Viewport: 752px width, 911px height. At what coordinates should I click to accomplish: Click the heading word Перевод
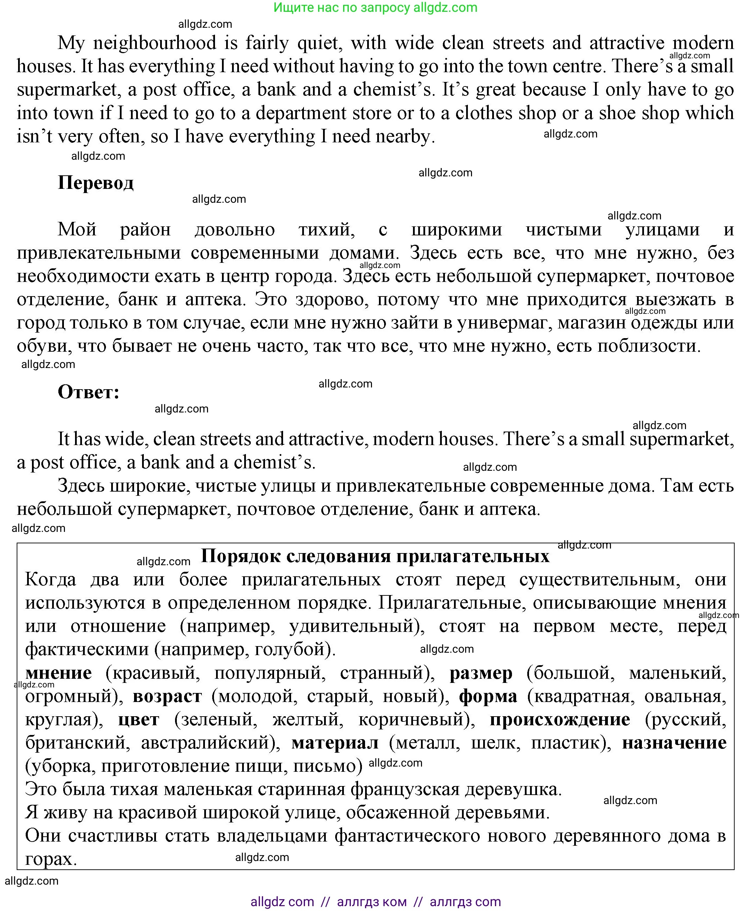pyautogui.click(x=96, y=183)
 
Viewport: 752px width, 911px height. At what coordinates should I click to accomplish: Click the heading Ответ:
pyautogui.click(x=88, y=392)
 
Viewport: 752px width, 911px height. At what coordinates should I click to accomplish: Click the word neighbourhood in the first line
pyautogui.click(x=155, y=43)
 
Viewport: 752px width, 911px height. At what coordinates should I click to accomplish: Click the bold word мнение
pyautogui.click(x=58, y=673)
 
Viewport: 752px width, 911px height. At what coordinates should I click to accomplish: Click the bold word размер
pyautogui.click(x=481, y=673)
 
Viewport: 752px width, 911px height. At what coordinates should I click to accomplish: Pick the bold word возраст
pyautogui.click(x=167, y=696)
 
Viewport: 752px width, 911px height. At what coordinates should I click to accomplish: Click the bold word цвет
pyautogui.click(x=139, y=720)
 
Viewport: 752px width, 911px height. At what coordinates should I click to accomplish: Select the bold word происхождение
pyautogui.click(x=560, y=720)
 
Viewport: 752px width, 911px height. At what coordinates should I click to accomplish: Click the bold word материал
pyautogui.click(x=335, y=743)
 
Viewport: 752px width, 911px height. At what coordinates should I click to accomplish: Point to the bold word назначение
pyautogui.click(x=674, y=743)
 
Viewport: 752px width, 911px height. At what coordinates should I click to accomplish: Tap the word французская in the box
pyautogui.click(x=405, y=789)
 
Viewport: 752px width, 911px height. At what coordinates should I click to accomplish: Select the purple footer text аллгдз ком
pyautogui.click(x=372, y=902)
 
